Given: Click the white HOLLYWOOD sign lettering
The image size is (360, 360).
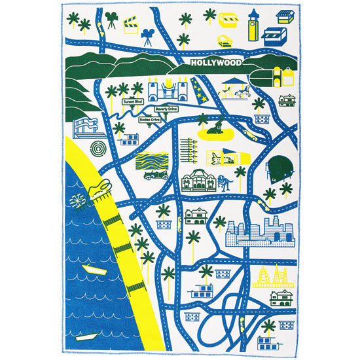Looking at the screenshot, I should pos(216,63).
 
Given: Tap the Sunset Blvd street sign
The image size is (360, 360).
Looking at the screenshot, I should pos(134,103).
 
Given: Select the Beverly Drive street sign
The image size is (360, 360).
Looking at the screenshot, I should pos(165,109).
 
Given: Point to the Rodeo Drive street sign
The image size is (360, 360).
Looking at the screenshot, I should pos(150,120).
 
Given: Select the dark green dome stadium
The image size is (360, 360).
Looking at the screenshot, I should pos(280,166).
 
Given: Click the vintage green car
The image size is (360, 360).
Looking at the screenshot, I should pos(156,176).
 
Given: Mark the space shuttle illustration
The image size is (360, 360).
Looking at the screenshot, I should pos(223,157).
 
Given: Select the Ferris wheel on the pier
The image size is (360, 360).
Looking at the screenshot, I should pos(77,200).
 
